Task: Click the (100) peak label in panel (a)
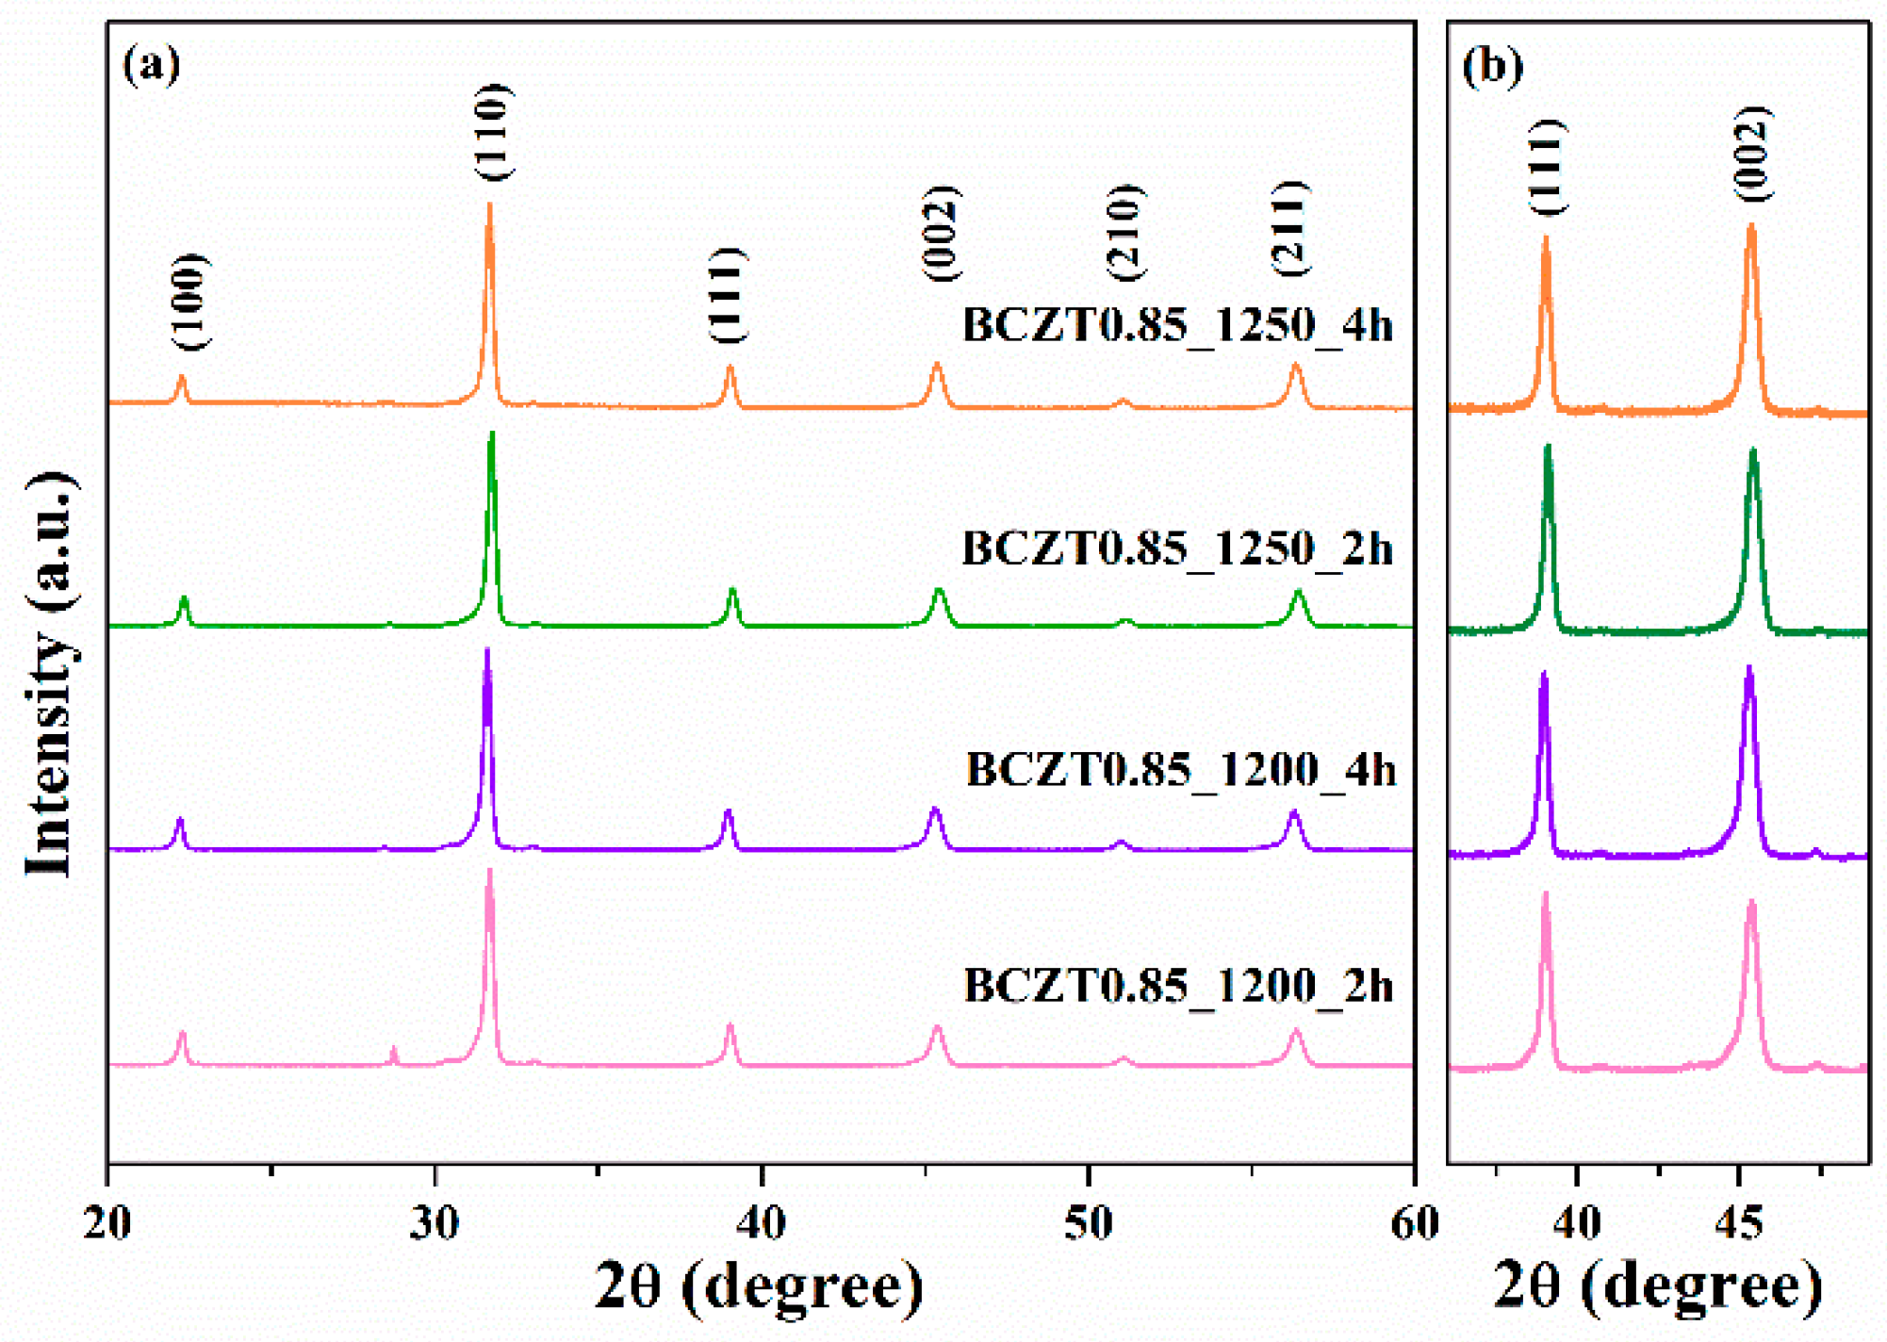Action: click(190, 302)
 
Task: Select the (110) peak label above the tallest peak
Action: click(493, 132)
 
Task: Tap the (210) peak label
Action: click(1124, 233)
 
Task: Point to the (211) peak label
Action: click(1290, 228)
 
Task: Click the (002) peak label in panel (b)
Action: click(1752, 154)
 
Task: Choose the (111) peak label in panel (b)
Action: click(1547, 167)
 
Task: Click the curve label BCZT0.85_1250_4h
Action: click(1176, 325)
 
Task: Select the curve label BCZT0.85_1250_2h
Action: click(1176, 548)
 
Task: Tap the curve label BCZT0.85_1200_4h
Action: click(1180, 770)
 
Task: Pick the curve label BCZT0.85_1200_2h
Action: click(1178, 987)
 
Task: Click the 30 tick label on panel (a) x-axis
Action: click(435, 1224)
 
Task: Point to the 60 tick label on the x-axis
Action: click(1415, 1224)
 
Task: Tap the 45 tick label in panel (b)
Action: click(1739, 1224)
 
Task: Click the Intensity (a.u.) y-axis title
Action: click(49, 674)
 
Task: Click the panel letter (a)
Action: click(151, 65)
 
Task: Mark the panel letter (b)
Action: click(1492, 66)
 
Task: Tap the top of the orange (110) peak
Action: click(489, 205)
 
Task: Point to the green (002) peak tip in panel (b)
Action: click(1753, 452)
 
